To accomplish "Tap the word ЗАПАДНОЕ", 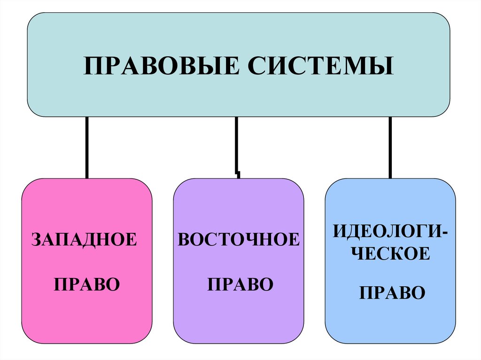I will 85,240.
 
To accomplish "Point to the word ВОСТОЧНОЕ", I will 238,240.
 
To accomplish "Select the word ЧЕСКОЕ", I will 391,254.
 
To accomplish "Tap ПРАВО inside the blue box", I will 392,293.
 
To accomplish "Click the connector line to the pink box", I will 86,147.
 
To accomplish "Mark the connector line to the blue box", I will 390,147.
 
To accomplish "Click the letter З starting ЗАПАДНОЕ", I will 36,240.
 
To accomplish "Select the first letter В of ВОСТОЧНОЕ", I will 184,240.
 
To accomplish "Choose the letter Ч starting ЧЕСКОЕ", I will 358,254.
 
